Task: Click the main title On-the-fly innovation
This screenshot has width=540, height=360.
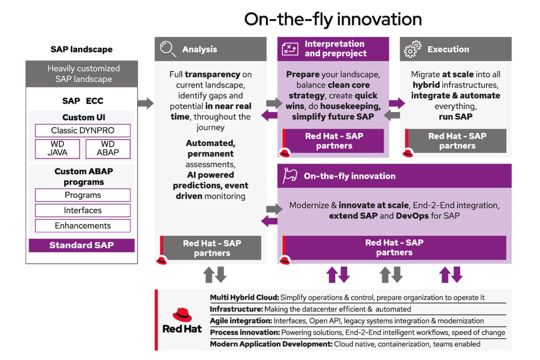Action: (x=333, y=19)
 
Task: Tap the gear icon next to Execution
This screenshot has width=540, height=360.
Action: (x=412, y=49)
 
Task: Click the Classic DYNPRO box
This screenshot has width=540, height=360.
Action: (x=83, y=130)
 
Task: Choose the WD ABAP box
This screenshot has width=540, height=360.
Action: (x=108, y=149)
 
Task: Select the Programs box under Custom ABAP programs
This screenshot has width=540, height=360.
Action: (x=83, y=195)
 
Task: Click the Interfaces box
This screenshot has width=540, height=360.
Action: (x=83, y=210)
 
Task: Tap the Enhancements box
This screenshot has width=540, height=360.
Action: (x=83, y=226)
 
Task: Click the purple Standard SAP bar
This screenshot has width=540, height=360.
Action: (x=81, y=245)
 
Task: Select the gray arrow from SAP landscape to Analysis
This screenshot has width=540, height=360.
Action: (x=146, y=103)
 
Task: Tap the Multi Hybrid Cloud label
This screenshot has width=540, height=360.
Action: (x=244, y=298)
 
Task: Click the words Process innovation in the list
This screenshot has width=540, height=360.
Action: (x=245, y=332)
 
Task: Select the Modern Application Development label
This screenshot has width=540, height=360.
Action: (x=271, y=344)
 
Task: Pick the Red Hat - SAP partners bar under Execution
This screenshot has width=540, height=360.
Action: (x=457, y=141)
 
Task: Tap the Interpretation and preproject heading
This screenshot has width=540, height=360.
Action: (x=334, y=49)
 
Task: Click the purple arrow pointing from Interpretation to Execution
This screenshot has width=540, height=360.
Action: (x=396, y=103)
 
